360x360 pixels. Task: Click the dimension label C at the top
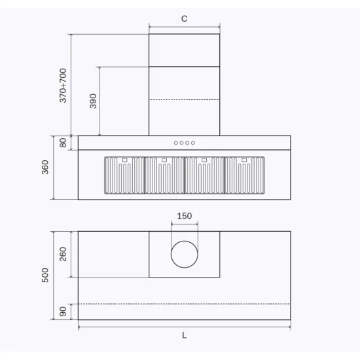coord(184,19)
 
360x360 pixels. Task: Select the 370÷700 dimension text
coord(63,86)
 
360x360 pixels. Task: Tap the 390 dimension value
coord(93,101)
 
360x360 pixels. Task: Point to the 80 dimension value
coord(63,143)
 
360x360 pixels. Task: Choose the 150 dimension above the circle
coord(185,216)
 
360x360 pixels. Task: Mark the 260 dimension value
coord(63,254)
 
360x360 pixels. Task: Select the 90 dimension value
coord(63,312)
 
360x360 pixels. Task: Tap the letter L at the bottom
coord(184,335)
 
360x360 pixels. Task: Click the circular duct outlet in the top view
coord(185,255)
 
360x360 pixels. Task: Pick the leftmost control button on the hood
coord(176,143)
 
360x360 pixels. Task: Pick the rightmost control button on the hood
coord(193,143)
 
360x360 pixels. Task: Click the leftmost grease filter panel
coord(124,175)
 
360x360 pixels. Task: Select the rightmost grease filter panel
coord(245,175)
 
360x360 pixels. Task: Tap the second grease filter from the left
coord(164,175)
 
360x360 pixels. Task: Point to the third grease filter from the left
coord(205,175)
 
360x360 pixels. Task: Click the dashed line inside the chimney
coord(185,99)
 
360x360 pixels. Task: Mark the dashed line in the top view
coord(184,304)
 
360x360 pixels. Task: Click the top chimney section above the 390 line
coord(185,50)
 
